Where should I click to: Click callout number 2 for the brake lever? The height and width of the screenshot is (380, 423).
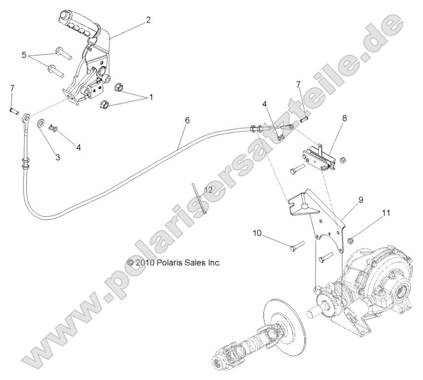pos(148,20)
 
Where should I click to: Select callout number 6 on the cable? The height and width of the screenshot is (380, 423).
pos(187,120)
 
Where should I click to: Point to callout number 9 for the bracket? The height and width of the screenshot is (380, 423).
pos(361,199)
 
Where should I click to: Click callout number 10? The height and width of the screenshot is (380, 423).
pos(257,232)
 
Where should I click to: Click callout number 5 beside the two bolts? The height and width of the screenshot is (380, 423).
pos(24,55)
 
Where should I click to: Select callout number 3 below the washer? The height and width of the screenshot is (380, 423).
pos(58,157)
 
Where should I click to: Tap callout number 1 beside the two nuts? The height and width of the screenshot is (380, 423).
pos(151,97)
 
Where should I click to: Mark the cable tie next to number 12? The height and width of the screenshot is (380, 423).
pos(198,197)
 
